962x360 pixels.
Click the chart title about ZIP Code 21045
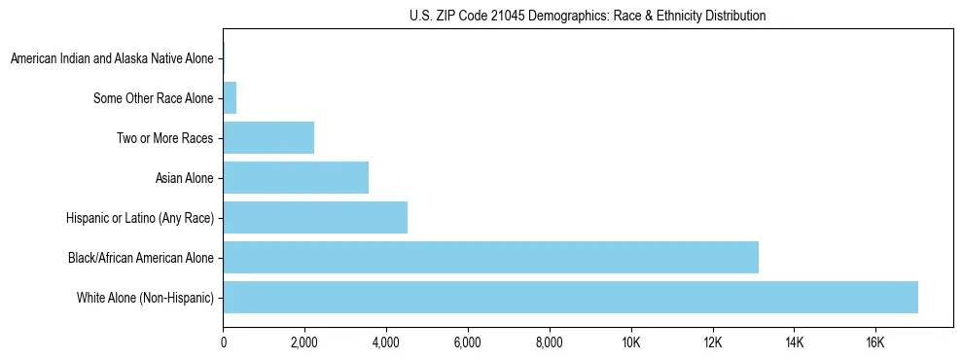point(588,16)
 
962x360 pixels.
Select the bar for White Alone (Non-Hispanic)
point(570,297)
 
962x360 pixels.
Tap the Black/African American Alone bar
point(490,257)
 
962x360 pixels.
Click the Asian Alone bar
point(296,177)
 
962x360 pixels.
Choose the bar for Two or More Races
point(268,137)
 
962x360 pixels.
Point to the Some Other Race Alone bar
point(230,97)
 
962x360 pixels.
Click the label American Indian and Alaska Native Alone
point(112,58)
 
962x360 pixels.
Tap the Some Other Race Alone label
point(154,98)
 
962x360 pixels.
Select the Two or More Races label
point(165,138)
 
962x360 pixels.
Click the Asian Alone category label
point(184,178)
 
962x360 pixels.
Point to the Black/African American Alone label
point(141,258)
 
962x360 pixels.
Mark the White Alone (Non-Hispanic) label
point(146,298)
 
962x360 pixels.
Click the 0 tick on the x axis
point(223,342)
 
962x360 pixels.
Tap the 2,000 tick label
point(304,342)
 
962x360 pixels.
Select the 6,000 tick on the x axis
point(468,342)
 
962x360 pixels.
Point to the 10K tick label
point(630,342)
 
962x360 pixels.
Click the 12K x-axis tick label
point(712,342)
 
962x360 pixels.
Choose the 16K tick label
point(875,342)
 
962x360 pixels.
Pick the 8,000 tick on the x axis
point(550,342)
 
